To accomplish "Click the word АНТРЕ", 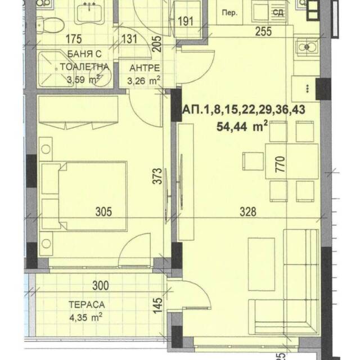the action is pyautogui.click(x=145, y=68).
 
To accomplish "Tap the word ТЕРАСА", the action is pyautogui.click(x=87, y=305).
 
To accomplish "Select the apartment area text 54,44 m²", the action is pyautogui.click(x=242, y=126).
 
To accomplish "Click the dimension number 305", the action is pyautogui.click(x=103, y=211).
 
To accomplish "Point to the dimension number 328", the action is pyautogui.click(x=248, y=211).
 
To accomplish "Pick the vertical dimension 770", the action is pyautogui.click(x=280, y=164).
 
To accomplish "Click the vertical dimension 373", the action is pyautogui.click(x=157, y=176).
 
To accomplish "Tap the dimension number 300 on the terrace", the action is pyautogui.click(x=101, y=286).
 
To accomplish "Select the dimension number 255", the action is pyautogui.click(x=264, y=31).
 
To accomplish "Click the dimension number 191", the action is pyautogui.click(x=186, y=21).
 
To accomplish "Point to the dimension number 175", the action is pyautogui.click(x=74, y=39).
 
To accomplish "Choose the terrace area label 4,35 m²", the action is pyautogui.click(x=85, y=317).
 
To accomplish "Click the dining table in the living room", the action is pyautogui.click(x=292, y=161).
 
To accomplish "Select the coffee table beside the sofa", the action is pyautogui.click(x=262, y=264).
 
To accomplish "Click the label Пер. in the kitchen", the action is pyautogui.click(x=229, y=13).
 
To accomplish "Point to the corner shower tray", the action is pyautogui.click(x=55, y=69).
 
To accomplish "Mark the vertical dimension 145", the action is pyautogui.click(x=157, y=305).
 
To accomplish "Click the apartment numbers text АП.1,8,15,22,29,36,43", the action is pyautogui.click(x=244, y=110).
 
